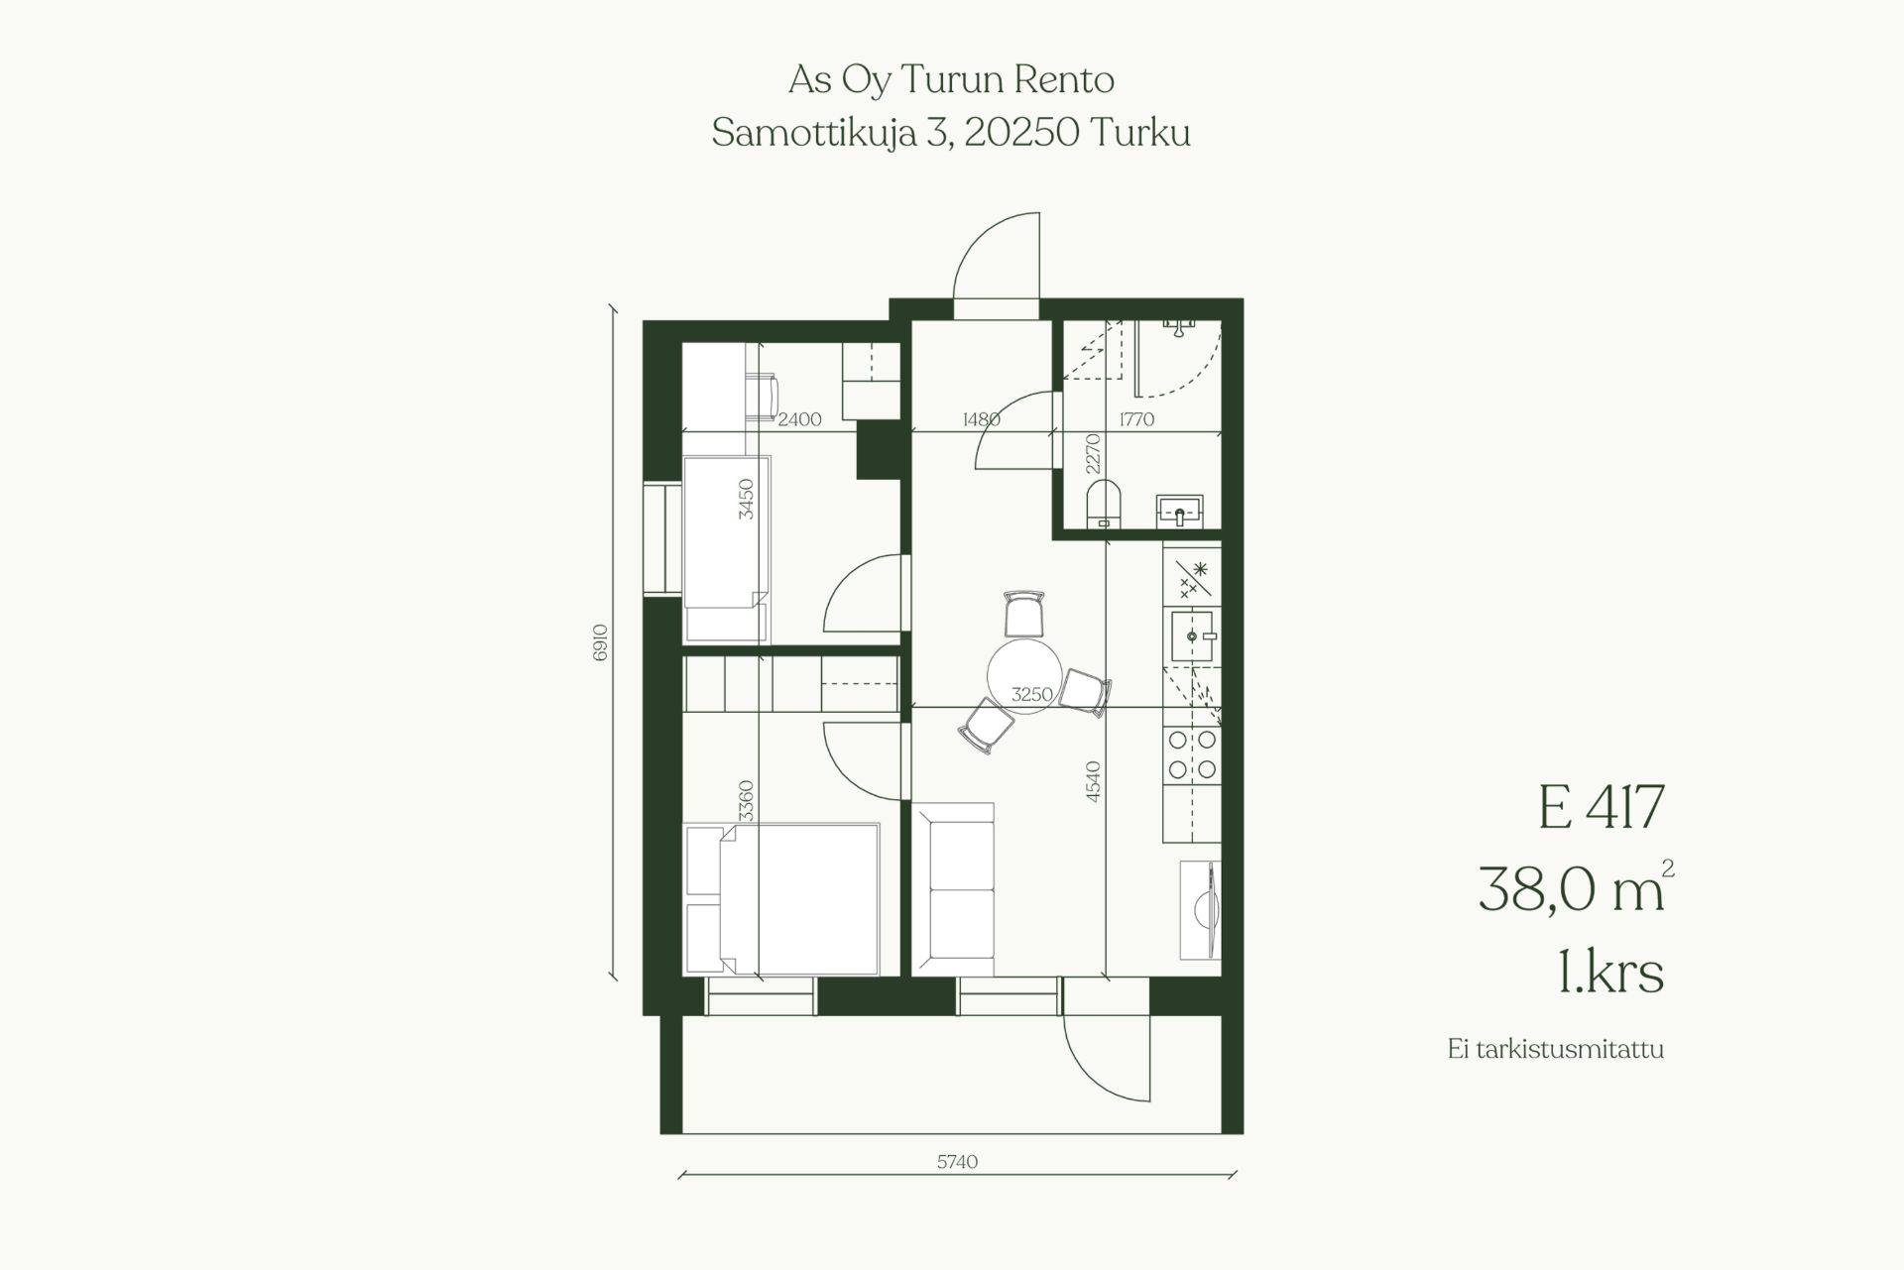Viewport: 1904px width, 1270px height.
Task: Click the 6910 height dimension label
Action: click(599, 642)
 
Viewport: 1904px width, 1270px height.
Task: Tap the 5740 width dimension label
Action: click(957, 1161)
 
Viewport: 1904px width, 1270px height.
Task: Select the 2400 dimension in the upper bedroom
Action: click(799, 418)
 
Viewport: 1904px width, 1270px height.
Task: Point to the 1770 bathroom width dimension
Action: click(1136, 418)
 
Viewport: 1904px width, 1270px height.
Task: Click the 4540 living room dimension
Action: click(1093, 781)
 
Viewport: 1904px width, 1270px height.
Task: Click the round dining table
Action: click(1024, 677)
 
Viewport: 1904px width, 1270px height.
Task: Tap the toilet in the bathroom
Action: click(1103, 503)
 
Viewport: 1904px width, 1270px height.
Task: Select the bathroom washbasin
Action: click(1179, 511)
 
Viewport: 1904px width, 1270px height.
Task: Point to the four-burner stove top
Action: click(1193, 754)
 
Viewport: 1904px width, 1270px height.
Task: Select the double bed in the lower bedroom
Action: click(782, 898)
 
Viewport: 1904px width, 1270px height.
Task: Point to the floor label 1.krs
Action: click(1610, 972)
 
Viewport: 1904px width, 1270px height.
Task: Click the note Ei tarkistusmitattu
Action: click(1555, 1049)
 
